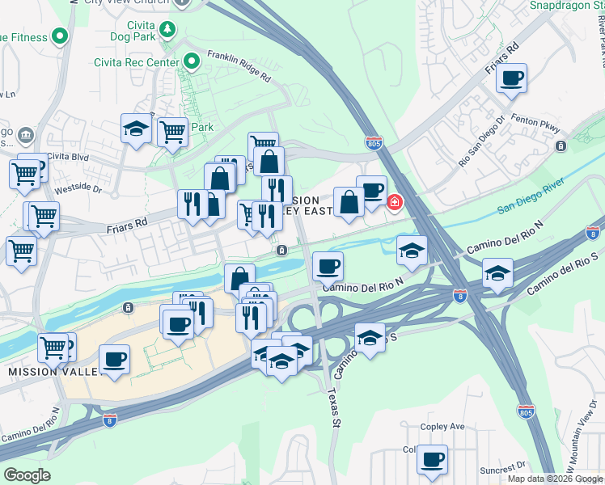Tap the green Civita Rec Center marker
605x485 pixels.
192,61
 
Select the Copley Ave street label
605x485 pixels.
442,426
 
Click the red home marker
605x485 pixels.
394,202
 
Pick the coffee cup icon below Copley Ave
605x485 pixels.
432,460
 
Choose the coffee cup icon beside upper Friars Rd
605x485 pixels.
511,78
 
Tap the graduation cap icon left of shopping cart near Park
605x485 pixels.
136,128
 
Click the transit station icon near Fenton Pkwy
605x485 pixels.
561,146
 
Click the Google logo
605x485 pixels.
27,475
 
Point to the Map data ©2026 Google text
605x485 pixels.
555,479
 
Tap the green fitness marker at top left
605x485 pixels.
59,36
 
